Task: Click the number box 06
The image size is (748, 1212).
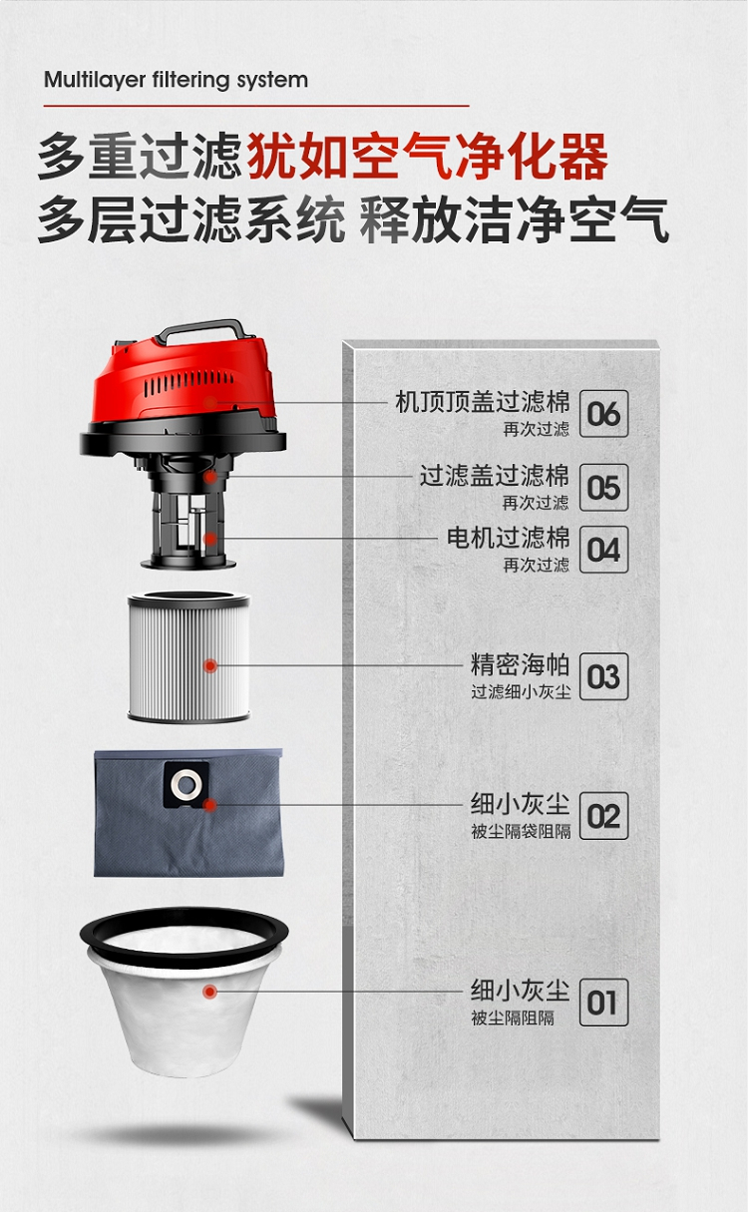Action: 603,413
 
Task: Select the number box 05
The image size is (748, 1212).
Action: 603,487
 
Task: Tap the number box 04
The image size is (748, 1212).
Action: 603,550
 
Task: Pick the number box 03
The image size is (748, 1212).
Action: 603,676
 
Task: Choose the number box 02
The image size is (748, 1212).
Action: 603,816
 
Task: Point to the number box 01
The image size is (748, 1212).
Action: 603,1003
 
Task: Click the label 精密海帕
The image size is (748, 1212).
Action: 520,664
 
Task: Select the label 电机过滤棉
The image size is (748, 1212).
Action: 508,538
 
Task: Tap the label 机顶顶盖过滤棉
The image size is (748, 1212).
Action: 483,401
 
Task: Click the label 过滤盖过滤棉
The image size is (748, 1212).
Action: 495,475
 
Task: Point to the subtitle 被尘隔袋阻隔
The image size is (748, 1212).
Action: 521,831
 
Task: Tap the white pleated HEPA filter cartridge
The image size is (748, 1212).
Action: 188,656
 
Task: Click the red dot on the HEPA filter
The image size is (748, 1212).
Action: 210,665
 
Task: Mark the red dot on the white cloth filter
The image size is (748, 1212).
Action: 209,992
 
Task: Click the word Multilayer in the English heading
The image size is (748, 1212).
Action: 95,80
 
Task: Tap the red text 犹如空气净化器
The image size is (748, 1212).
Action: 428,157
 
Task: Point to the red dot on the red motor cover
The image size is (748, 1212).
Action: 210,403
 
